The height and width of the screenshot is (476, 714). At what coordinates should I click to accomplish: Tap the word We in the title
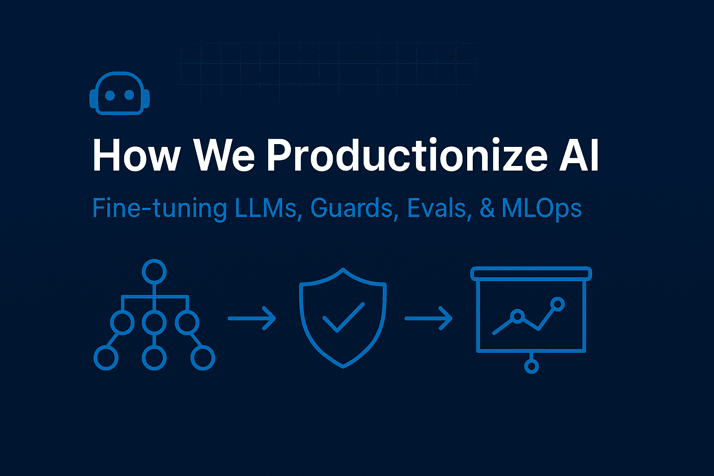(225, 155)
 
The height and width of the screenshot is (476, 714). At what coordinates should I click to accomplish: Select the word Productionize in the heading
(407, 155)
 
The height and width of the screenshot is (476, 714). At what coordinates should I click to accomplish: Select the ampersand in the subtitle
(487, 208)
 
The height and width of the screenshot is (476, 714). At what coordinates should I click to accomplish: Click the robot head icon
(119, 93)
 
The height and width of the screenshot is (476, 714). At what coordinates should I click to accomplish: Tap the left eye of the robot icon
(110, 95)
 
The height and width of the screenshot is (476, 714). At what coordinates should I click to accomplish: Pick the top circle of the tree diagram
(154, 271)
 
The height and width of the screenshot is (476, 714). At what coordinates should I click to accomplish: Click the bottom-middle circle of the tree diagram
(154, 358)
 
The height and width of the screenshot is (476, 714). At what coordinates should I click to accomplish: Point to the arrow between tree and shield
(251, 318)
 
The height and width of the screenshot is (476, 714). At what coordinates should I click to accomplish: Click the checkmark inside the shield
(343, 317)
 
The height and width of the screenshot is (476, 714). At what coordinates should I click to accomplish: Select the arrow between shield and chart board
(428, 318)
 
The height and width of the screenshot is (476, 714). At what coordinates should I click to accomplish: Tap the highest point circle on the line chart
(557, 304)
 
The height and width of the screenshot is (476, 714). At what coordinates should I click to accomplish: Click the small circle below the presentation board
(531, 366)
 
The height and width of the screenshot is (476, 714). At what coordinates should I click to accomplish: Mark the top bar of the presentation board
(531, 274)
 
